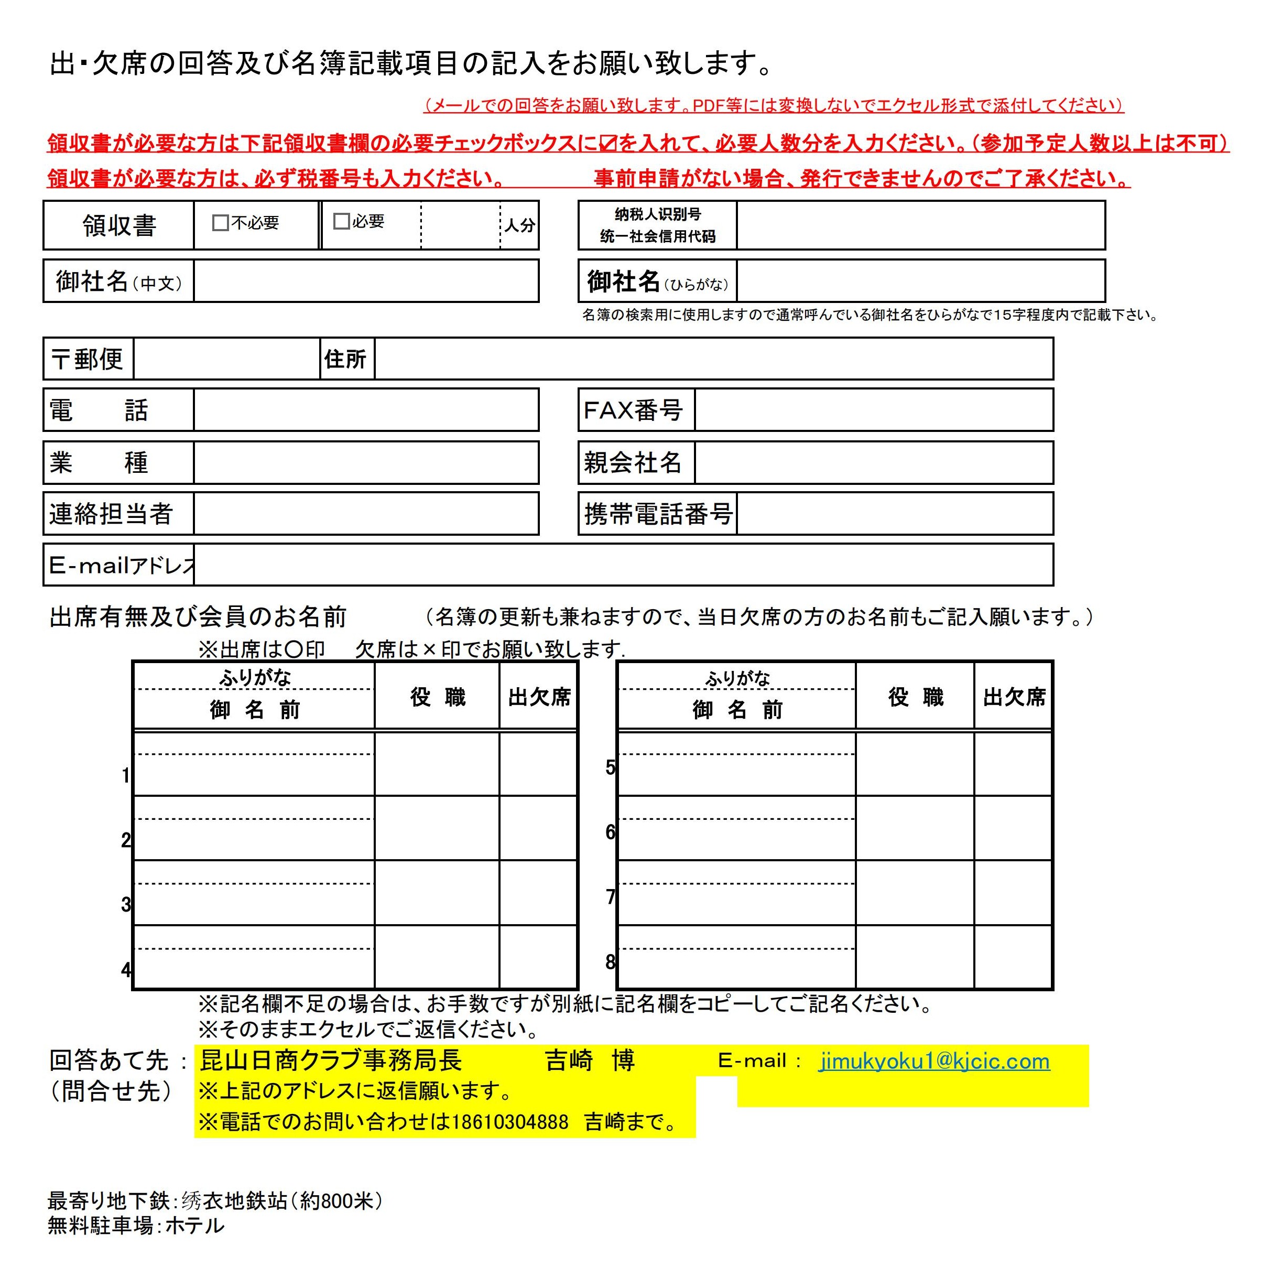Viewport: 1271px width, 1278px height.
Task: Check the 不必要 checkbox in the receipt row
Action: [220, 223]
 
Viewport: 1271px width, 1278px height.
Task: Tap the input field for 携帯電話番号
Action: [894, 513]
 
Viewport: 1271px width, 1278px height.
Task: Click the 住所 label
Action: [345, 359]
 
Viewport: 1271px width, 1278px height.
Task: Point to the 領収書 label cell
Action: [119, 225]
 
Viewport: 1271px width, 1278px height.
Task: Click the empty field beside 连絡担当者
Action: [366, 513]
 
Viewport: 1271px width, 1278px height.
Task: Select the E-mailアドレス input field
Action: [623, 565]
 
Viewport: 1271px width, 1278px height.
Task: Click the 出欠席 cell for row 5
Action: [1013, 764]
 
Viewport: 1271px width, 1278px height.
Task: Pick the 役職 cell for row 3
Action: [437, 892]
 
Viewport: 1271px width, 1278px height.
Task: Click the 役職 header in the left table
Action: [437, 697]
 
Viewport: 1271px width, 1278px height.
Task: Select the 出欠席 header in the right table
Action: [1014, 697]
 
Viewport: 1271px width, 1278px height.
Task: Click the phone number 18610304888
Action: [510, 1122]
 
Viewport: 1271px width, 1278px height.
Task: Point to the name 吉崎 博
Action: [589, 1061]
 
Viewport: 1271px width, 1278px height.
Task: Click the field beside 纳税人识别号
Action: [920, 225]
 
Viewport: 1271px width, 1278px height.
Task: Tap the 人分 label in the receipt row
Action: [520, 225]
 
